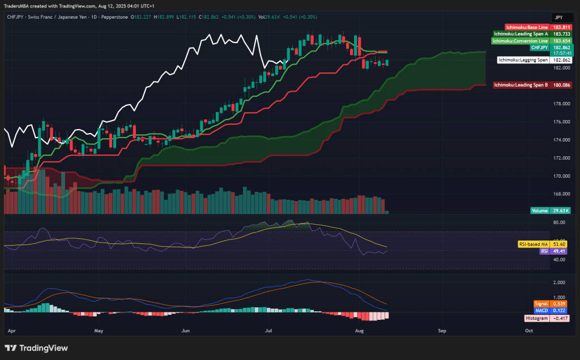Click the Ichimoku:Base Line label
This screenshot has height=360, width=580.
[x=527, y=27]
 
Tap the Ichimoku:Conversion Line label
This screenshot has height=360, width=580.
[x=521, y=41]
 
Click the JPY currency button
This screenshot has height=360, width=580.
[x=558, y=17]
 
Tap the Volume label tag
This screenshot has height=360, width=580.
[x=539, y=211]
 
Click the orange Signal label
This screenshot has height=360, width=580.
[x=541, y=304]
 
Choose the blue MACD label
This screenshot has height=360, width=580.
[x=541, y=311]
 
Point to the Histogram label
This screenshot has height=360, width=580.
[x=538, y=319]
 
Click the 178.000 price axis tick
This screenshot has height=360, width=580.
[x=561, y=104]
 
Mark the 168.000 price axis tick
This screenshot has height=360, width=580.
[x=561, y=194]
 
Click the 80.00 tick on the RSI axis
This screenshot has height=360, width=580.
[x=558, y=222]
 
